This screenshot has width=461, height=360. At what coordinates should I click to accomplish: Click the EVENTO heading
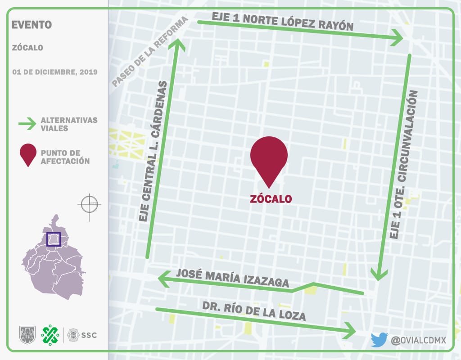[x=32, y=25]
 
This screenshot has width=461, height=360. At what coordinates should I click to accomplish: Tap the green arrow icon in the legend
[x=27, y=124]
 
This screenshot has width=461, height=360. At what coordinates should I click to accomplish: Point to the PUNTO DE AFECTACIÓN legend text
[x=65, y=157]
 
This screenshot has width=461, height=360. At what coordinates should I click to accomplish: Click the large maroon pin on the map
[x=269, y=160]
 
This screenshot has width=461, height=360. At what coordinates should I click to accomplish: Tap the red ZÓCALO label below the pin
[x=271, y=198]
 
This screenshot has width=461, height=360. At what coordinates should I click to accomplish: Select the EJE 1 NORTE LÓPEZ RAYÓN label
[x=282, y=21]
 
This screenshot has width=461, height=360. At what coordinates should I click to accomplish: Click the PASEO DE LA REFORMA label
[x=149, y=52]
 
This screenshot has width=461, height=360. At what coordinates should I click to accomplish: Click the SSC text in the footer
[x=89, y=335]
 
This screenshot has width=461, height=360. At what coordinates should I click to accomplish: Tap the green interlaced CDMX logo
[x=50, y=334]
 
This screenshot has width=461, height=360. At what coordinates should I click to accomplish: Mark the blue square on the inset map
[x=54, y=239]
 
